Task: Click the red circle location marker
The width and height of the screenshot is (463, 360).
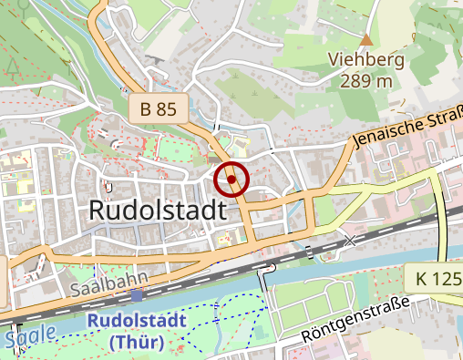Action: pos(231,180)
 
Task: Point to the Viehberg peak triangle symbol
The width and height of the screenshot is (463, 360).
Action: pos(366,39)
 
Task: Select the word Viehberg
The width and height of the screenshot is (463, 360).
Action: pos(365,60)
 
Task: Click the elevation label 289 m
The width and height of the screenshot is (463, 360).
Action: pos(365,81)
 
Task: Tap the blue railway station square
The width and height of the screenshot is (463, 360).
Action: pos(136,295)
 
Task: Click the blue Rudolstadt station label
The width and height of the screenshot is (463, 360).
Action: pos(137,321)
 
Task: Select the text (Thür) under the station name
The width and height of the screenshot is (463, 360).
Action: pos(136,342)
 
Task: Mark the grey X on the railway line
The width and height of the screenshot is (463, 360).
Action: pos(351,240)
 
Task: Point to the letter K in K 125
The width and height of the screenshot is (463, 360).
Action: pos(418,278)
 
